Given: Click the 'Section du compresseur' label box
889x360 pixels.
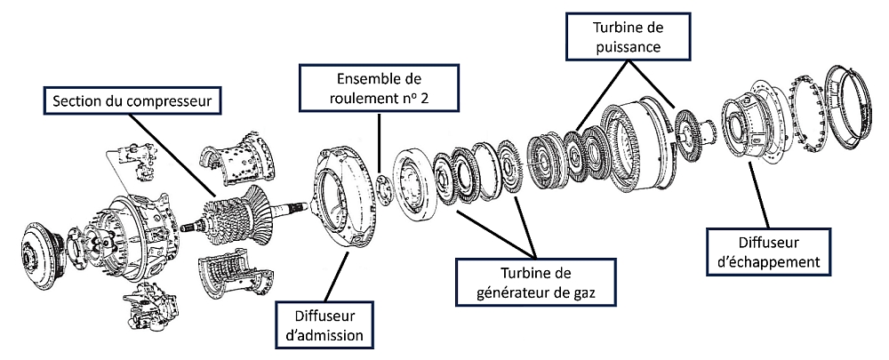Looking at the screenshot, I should (x=131, y=101).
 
